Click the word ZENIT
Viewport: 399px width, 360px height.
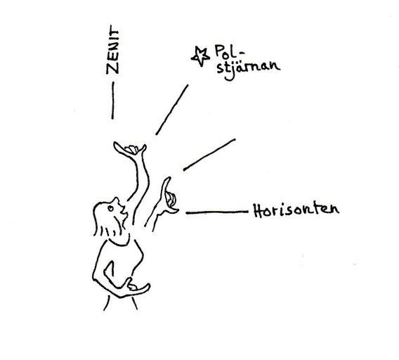click(112, 49)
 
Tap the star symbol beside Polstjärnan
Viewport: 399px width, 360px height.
click(200, 56)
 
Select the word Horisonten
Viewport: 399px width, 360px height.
click(296, 211)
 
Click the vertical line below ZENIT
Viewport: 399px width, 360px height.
click(112, 101)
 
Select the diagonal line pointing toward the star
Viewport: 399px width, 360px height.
click(172, 110)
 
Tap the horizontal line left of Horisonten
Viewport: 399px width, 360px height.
click(217, 212)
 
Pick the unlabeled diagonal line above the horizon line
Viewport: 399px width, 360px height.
click(209, 155)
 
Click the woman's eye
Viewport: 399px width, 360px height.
click(110, 208)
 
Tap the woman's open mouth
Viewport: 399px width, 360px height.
click(124, 211)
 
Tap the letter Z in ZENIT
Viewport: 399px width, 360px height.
click(112, 68)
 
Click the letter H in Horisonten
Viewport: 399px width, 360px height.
click(258, 210)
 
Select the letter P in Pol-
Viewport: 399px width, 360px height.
click(219, 51)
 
